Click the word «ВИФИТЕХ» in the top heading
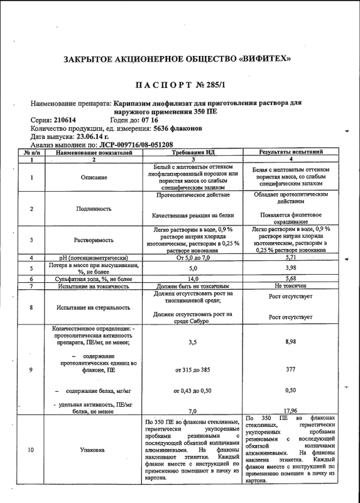click(264, 58)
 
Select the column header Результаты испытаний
click(291, 152)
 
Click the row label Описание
click(94, 177)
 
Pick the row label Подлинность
click(94, 208)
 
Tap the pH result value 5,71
click(290, 258)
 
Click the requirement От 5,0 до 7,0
click(193, 258)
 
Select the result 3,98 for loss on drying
click(290, 268)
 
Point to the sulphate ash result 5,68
click(290, 279)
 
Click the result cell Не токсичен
click(290, 286)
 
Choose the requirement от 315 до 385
click(193, 370)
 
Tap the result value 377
click(290, 370)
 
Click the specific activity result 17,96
click(290, 412)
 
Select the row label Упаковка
click(94, 450)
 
